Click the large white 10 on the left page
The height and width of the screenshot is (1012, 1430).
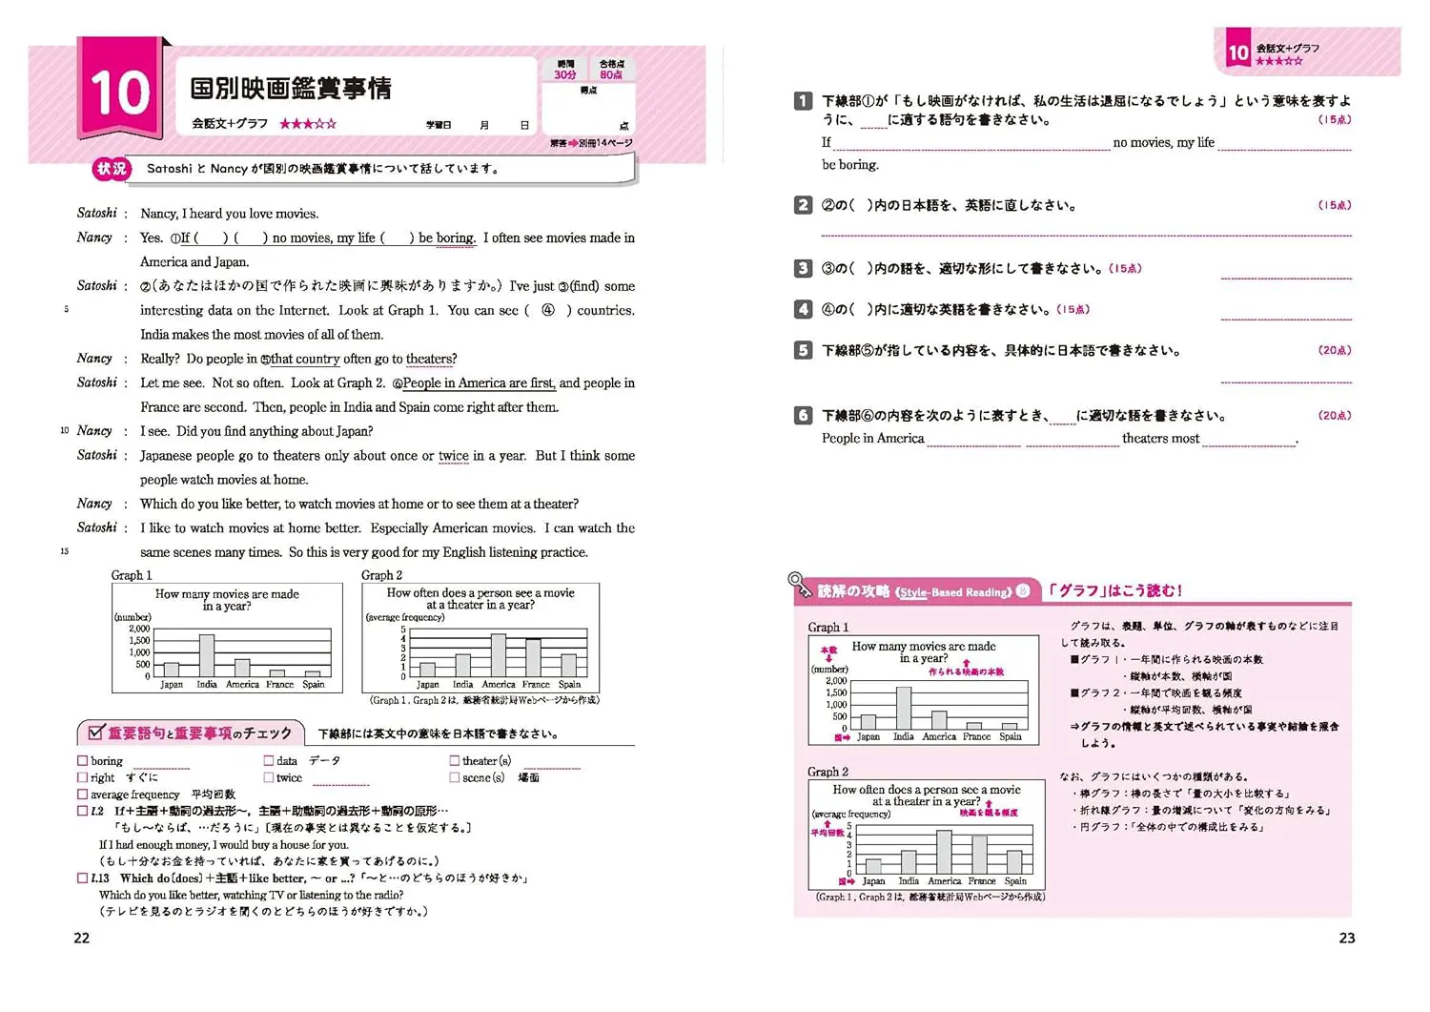tap(119, 93)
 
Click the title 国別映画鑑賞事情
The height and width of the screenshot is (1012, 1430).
tap(291, 89)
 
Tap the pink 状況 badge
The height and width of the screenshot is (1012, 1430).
tap(111, 169)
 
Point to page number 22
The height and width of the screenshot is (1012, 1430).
tap(82, 938)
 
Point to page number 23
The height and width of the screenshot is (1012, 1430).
tap(1346, 938)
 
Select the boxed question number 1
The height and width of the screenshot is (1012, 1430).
tap(804, 101)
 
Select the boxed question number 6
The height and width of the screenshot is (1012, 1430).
tap(804, 416)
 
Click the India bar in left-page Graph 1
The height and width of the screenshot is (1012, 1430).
tap(207, 655)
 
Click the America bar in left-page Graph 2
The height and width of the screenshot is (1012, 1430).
tap(498, 655)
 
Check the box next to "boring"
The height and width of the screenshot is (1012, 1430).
tap(83, 761)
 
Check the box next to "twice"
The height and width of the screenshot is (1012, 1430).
tap(269, 777)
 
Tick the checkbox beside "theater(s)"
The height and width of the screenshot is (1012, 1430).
tap(455, 761)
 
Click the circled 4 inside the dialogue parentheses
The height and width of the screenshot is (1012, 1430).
tap(548, 310)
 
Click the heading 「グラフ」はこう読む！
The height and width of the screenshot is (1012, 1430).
tap(1114, 590)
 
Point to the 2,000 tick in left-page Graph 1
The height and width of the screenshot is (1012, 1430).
tap(139, 629)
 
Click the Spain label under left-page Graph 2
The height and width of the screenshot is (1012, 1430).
tap(569, 684)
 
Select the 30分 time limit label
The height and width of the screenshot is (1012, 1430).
tap(565, 74)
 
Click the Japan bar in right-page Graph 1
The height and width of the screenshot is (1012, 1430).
tap(868, 722)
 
